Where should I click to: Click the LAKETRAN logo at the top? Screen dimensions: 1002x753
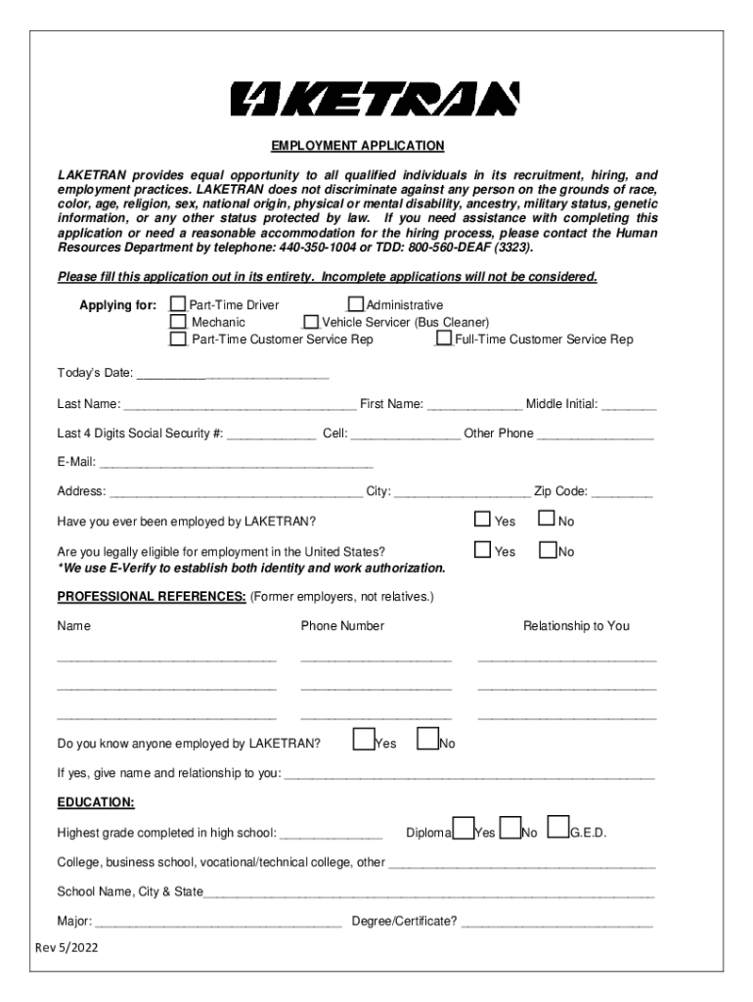tap(376, 99)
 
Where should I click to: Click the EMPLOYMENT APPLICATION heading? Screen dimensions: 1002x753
tap(357, 146)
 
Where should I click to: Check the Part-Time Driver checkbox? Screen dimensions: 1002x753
tap(178, 305)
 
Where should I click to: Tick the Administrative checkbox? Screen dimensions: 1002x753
tap(356, 305)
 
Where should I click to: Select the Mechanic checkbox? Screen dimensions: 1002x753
tap(178, 322)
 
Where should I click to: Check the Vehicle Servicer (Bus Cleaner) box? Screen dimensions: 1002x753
tap(311, 322)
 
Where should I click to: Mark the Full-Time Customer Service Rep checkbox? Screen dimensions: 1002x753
tap(444, 339)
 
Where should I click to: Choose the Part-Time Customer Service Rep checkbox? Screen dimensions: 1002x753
tap(178, 339)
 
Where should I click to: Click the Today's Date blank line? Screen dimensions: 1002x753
tap(232, 374)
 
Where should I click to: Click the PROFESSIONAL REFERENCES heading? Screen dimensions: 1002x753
tap(151, 596)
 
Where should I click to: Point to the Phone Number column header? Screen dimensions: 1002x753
tap(342, 625)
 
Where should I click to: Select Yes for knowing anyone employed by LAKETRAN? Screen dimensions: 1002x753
tap(363, 738)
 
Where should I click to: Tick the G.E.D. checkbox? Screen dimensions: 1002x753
tap(558, 828)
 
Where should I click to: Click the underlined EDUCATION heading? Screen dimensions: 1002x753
tap(96, 802)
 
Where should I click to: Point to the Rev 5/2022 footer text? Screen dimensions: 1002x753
tap(66, 948)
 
